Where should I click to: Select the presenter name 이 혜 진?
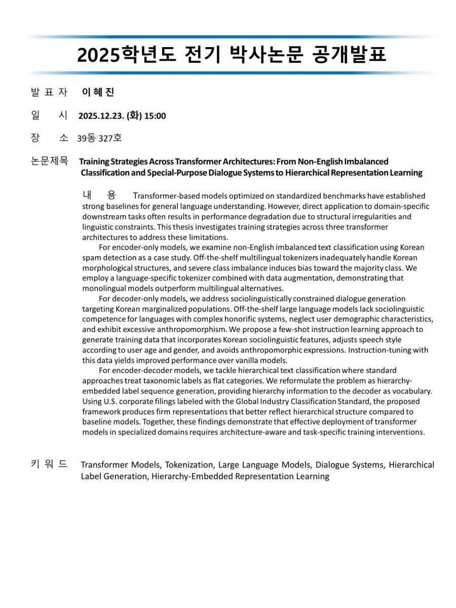(x=98, y=92)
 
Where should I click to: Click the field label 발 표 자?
(x=49, y=92)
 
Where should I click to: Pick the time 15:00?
(x=155, y=116)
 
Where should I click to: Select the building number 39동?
(x=86, y=138)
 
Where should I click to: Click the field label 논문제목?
(x=49, y=162)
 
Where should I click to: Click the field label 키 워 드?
(x=49, y=464)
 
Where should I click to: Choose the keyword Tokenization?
(x=189, y=465)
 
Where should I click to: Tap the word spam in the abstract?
(x=91, y=258)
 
